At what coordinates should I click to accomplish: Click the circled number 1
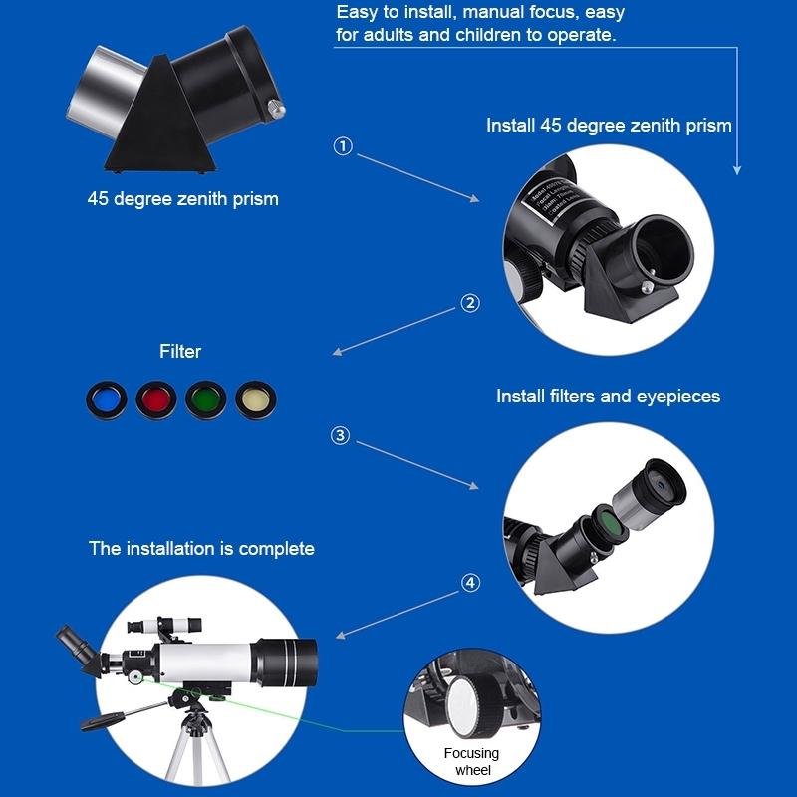343,146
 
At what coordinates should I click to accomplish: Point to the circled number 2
470,303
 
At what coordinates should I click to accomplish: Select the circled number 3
341,435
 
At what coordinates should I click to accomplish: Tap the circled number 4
470,582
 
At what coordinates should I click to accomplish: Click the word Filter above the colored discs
180,351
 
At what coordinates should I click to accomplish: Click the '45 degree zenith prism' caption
182,198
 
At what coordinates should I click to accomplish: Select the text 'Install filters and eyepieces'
608,396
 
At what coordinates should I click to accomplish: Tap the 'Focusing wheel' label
472,761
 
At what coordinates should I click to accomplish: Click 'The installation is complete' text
201,548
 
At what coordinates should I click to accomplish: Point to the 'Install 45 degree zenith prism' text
608,126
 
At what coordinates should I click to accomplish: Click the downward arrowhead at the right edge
737,170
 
